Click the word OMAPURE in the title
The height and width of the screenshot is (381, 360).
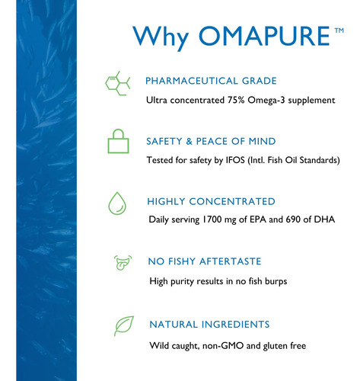coord(264,36)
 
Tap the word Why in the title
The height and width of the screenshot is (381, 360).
coord(161,38)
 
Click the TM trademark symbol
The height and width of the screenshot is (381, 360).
coord(339,30)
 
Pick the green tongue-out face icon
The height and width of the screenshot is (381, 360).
coord(123,263)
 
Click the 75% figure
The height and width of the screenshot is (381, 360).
coord(236,100)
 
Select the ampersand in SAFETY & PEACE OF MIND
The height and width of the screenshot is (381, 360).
coord(190,141)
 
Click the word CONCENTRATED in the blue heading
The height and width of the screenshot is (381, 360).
coord(232,201)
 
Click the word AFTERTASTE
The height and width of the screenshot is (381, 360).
coord(230,261)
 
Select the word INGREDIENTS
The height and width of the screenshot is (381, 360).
coord(235,325)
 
